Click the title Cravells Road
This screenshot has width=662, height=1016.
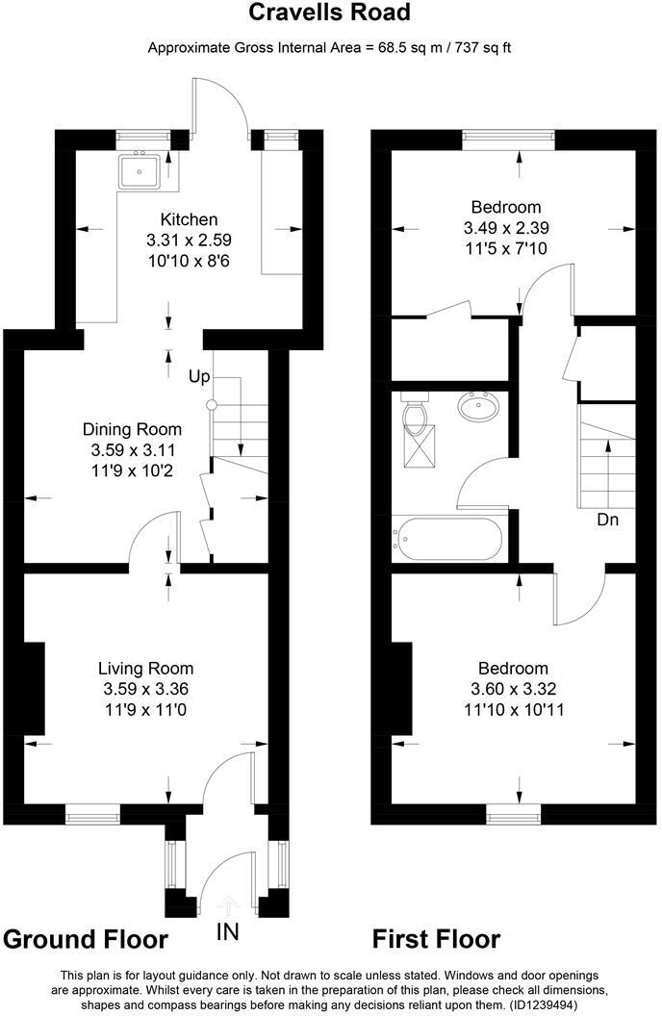coord(330,13)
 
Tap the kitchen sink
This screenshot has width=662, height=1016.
coord(140,171)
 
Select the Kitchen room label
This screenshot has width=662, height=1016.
coord(189,219)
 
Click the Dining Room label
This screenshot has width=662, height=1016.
coord(131,429)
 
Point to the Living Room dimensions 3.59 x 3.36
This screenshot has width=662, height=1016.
coord(145,689)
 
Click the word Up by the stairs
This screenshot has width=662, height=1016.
coord(199,376)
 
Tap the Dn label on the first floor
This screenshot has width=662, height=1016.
coord(607,521)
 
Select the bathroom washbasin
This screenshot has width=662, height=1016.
coord(478,409)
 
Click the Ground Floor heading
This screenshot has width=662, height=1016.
coord(87,939)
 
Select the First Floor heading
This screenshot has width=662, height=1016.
coord(436,939)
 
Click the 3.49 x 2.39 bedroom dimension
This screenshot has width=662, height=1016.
coord(505,228)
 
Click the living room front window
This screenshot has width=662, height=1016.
coord(92,816)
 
